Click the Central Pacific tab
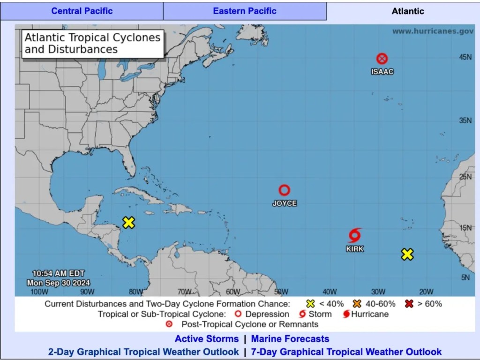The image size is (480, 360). [82, 11]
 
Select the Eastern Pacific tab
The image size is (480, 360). [245, 11]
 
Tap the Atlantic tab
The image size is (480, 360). [407, 11]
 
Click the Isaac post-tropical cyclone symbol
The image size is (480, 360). [382, 59]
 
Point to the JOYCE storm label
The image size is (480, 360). [285, 203]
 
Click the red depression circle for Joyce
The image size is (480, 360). [285, 190]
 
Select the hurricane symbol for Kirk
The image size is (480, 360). [355, 235]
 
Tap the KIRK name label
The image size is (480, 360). [355, 249]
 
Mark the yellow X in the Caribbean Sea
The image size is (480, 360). [128, 223]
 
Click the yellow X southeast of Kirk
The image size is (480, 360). [407, 254]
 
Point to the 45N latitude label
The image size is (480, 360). [465, 57]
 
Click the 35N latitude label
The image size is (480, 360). [465, 120]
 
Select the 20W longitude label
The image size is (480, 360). [426, 292]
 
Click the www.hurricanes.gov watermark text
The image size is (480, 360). [433, 31]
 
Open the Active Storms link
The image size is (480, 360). [207, 338]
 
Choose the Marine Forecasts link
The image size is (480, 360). [290, 338]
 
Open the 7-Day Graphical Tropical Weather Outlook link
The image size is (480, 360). [346, 351]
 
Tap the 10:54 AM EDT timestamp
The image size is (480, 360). [59, 273]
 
